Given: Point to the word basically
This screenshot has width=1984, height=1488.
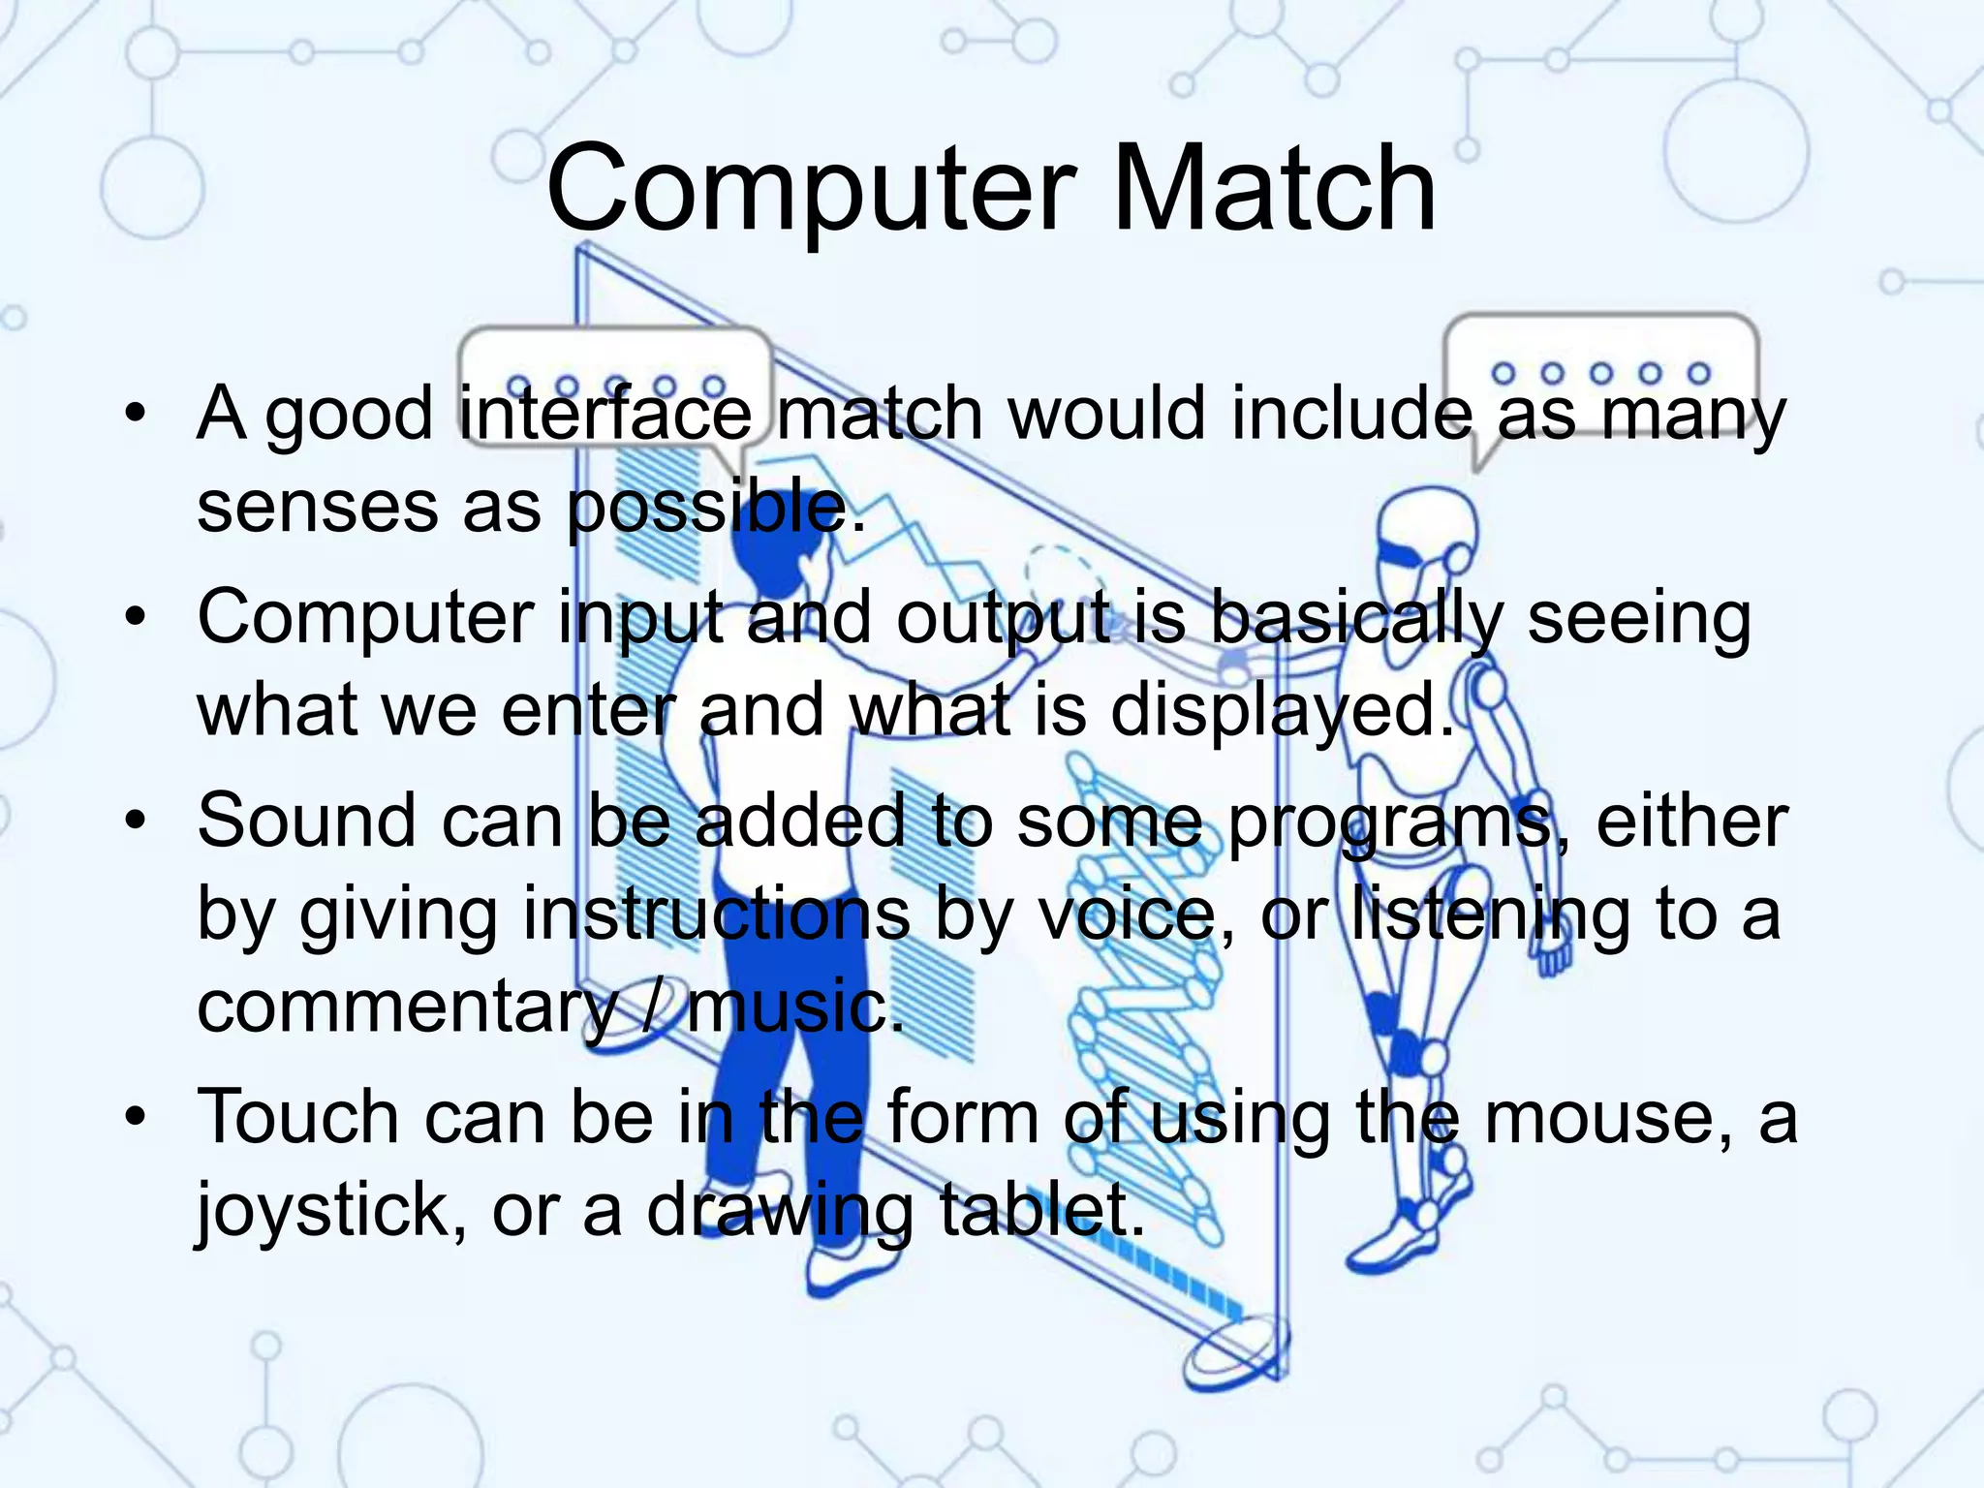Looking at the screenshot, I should tap(1355, 618).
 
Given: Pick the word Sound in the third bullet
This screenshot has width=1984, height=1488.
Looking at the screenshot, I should tap(306, 821).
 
